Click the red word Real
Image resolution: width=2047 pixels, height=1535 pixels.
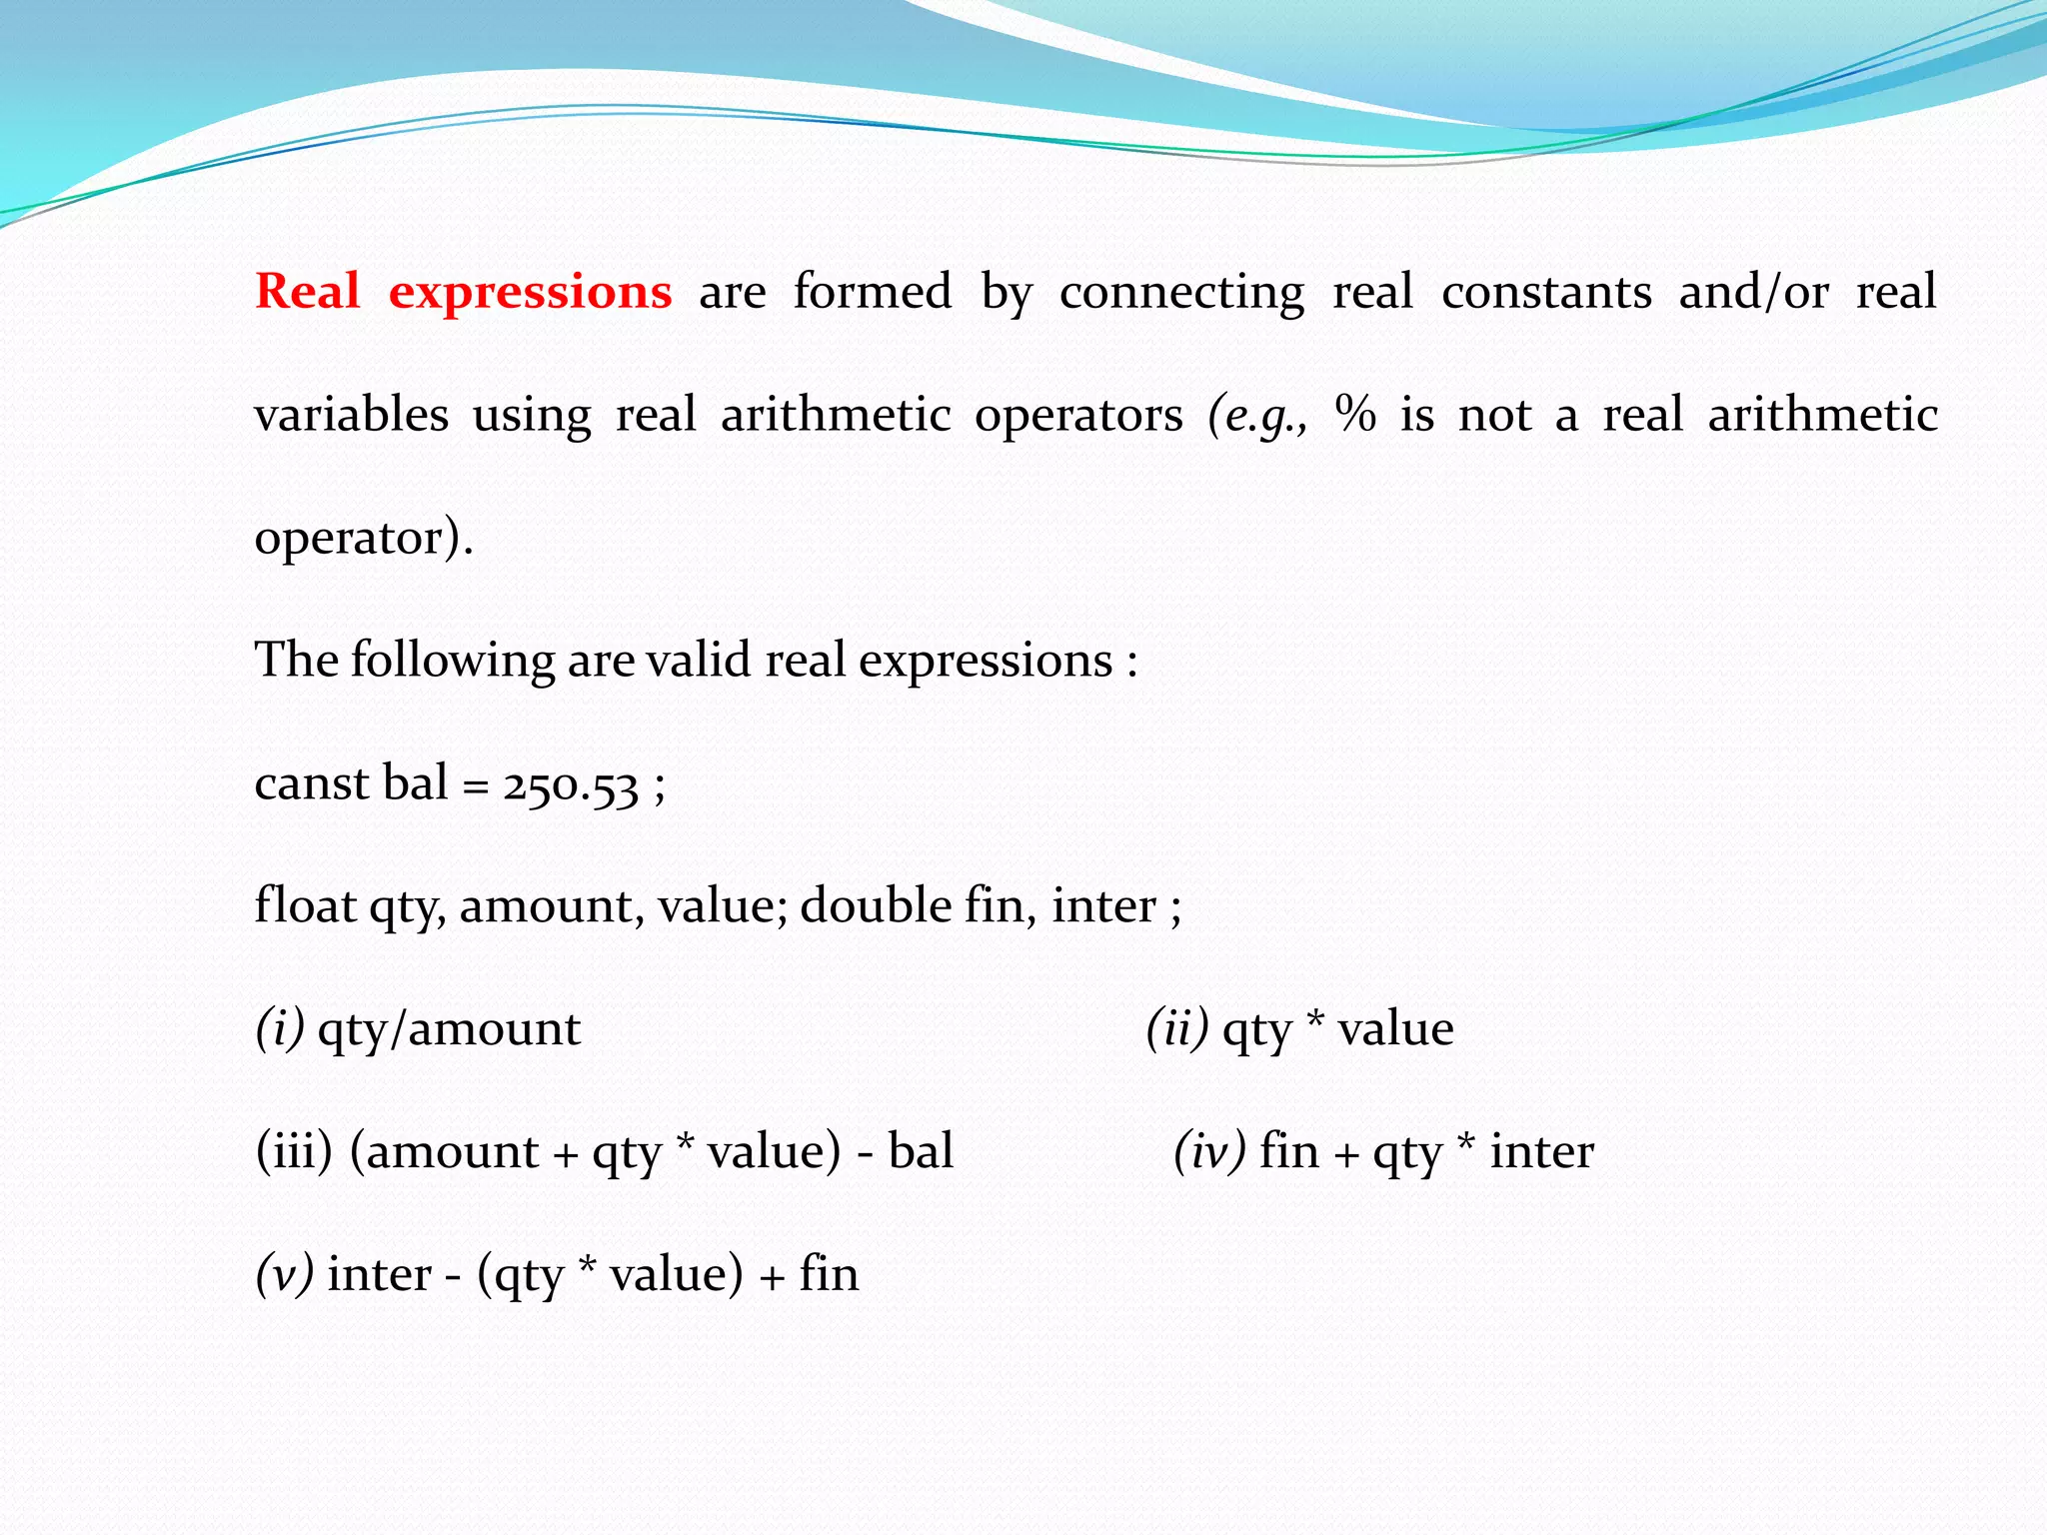point(307,292)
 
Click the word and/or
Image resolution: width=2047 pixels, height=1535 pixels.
point(1753,292)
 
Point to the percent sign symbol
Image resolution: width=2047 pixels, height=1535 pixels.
point(1355,414)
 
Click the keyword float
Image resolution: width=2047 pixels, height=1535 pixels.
point(305,905)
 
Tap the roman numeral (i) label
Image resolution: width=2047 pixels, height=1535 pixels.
point(280,1029)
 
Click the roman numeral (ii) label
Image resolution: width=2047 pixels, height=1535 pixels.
point(1177,1029)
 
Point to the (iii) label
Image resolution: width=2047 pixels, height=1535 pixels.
point(294,1151)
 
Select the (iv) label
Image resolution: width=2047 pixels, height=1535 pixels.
point(1209,1151)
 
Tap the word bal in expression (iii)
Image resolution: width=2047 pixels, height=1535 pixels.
point(921,1151)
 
